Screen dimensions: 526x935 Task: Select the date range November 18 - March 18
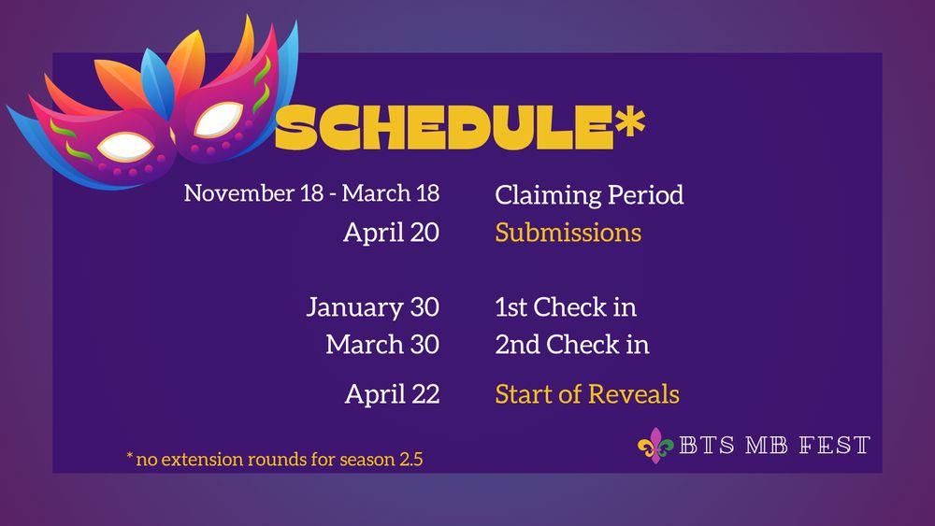(311, 193)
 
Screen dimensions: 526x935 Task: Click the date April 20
(391, 232)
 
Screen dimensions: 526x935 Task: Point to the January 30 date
(372, 306)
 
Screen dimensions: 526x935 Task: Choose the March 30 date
(382, 344)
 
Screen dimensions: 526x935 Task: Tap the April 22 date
(392, 393)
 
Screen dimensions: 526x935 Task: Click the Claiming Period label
(589, 194)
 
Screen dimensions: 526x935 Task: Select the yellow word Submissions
(568, 232)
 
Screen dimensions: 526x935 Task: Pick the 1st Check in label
(566, 306)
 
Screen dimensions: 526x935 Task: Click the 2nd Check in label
(571, 344)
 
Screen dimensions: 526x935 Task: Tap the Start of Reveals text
(586, 393)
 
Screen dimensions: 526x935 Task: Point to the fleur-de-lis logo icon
(655, 446)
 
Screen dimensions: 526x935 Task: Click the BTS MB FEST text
(775, 446)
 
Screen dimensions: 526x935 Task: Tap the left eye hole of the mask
(126, 145)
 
